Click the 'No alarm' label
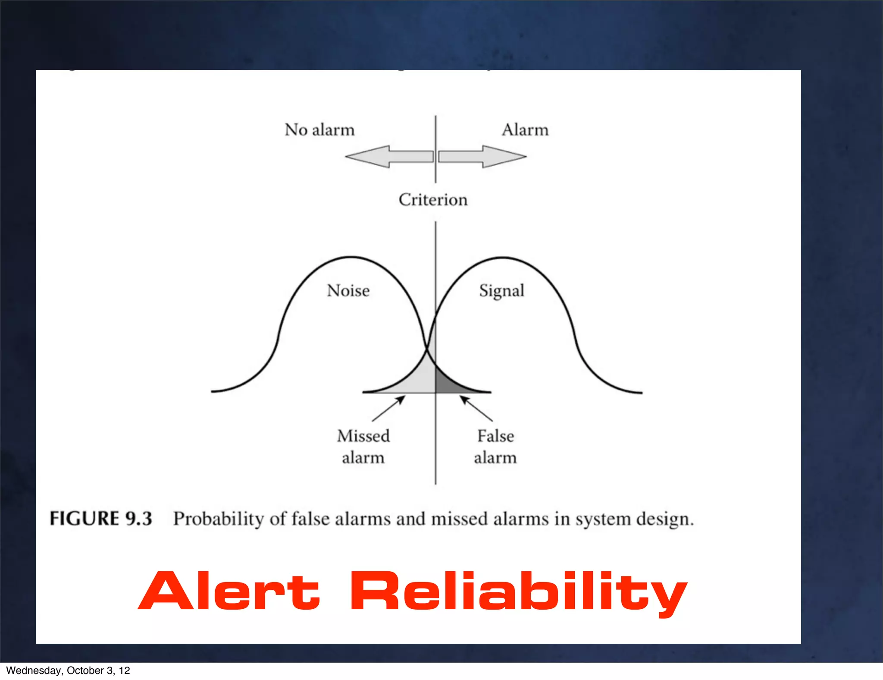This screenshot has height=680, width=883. point(319,130)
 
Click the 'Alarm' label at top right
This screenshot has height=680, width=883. point(525,130)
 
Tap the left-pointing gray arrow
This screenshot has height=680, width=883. point(388,156)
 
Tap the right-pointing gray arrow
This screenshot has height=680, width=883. point(483,156)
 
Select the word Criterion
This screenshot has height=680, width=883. point(433,200)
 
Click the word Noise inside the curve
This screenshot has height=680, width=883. point(348,290)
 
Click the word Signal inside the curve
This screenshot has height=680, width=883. point(501,291)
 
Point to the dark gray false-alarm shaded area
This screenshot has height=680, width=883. point(448,384)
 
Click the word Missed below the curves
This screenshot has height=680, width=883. point(363,436)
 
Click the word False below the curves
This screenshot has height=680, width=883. point(495,436)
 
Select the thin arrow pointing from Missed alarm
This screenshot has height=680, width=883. point(388,409)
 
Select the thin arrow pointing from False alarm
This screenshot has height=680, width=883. point(476,409)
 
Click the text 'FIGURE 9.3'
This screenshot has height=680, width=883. point(101,519)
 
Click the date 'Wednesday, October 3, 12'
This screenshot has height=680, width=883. point(68,671)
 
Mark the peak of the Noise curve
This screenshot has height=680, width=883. point(351,257)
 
